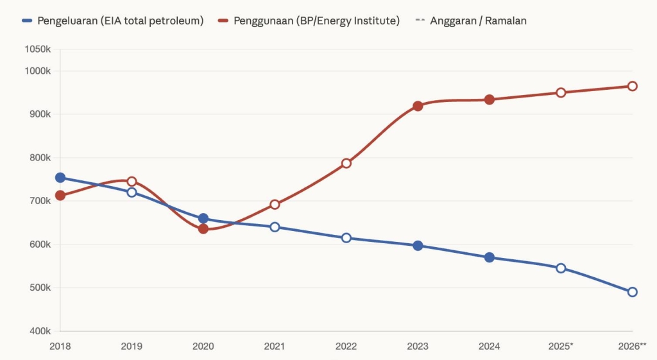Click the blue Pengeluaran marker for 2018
tap(60, 178)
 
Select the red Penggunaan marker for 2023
tap(418, 106)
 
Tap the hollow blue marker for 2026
tap(632, 292)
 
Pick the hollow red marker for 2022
tap(346, 163)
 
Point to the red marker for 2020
tap(203, 228)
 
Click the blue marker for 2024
tap(490, 257)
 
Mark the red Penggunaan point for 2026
tap(632, 86)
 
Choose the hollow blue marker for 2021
tap(275, 227)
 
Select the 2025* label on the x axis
tap(561, 346)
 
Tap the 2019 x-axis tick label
tap(132, 346)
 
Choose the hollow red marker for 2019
tap(132, 182)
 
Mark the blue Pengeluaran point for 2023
tap(418, 246)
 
